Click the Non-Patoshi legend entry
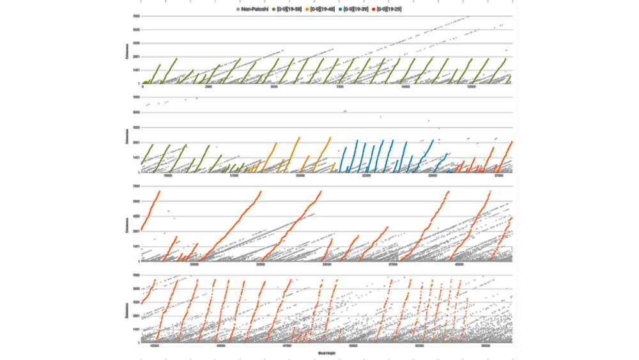click(253, 9)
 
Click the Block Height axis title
click(326, 352)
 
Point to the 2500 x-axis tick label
click(208, 86)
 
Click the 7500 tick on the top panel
click(340, 86)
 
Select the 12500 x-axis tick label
click(472, 86)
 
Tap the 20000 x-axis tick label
click(300, 175)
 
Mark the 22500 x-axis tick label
click(366, 175)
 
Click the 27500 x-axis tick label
click(498, 175)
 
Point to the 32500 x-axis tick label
click(261, 263)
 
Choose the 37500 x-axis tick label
click(393, 263)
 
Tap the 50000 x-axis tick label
click(353, 346)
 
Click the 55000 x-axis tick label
click(486, 346)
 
